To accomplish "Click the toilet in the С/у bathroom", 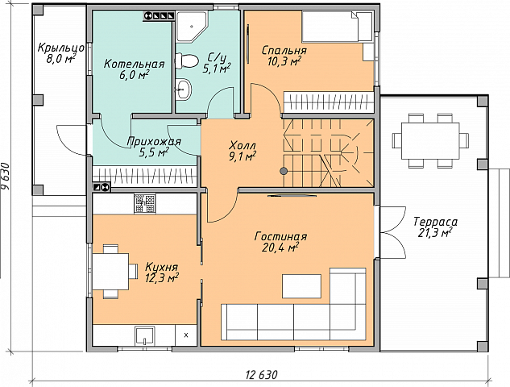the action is click(x=186, y=61).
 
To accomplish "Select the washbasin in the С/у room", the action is click(x=184, y=89).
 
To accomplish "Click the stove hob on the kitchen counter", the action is click(x=145, y=204).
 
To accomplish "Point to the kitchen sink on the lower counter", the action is click(x=144, y=336).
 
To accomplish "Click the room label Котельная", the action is click(x=134, y=64).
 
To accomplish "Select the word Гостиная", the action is click(x=280, y=236).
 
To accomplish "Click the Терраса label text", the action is click(x=435, y=222).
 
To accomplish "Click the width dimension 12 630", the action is click(x=262, y=375).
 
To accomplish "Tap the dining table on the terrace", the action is click(x=430, y=140).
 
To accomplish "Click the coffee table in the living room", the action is click(x=301, y=286).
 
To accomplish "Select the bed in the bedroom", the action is click(x=338, y=27).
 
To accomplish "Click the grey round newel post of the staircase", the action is click(x=284, y=171).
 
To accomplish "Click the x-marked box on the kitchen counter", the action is click(x=186, y=335).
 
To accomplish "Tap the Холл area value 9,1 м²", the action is click(x=243, y=157).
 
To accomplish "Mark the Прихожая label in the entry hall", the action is click(x=154, y=142).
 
